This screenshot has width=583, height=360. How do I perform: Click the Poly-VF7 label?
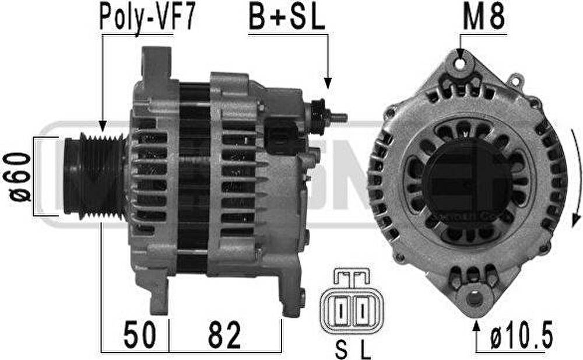[147, 18]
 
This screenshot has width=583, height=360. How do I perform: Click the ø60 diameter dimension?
[19, 176]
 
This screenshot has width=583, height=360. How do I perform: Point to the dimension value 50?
[140, 335]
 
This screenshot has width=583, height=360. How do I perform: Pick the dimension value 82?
[224, 335]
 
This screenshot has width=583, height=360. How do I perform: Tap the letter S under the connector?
[341, 350]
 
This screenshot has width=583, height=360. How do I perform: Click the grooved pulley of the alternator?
[95, 176]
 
